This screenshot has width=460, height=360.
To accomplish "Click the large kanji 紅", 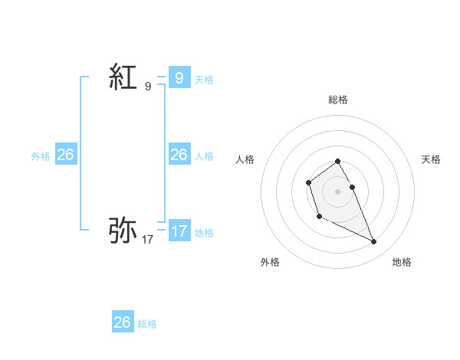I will tap(123, 78).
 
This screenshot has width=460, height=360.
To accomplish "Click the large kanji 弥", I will tap(123, 230).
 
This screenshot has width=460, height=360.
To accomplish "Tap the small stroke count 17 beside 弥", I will tap(148, 240).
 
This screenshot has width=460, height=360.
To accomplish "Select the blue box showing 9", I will tap(179, 77).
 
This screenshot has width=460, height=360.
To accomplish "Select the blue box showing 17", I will tap(179, 231).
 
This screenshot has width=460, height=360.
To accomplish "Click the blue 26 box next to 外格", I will tap(65, 155).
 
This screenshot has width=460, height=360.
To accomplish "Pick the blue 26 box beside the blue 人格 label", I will tap(179, 155).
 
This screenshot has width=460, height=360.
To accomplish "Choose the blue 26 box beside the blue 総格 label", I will tap(123, 322).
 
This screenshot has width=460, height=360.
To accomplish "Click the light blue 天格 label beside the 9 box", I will tap(204, 79).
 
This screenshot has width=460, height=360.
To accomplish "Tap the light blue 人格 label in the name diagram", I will tap(204, 156).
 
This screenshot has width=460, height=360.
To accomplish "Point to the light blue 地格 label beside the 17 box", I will tap(204, 232).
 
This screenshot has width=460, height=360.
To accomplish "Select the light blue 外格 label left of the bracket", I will tap(41, 156).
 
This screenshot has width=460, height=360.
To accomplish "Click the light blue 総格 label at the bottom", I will tap(147, 324).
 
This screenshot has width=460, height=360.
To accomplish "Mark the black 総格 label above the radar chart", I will tap(338, 100).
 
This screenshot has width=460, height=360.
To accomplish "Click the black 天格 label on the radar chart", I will tap(432, 159).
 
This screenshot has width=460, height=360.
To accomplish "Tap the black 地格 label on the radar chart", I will tap(402, 262).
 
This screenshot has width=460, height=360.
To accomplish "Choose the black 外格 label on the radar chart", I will tap(270, 262).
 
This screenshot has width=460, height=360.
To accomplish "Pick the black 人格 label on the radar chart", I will tap(245, 159).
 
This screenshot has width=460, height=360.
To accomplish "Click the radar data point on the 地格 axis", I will tap(373, 242).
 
